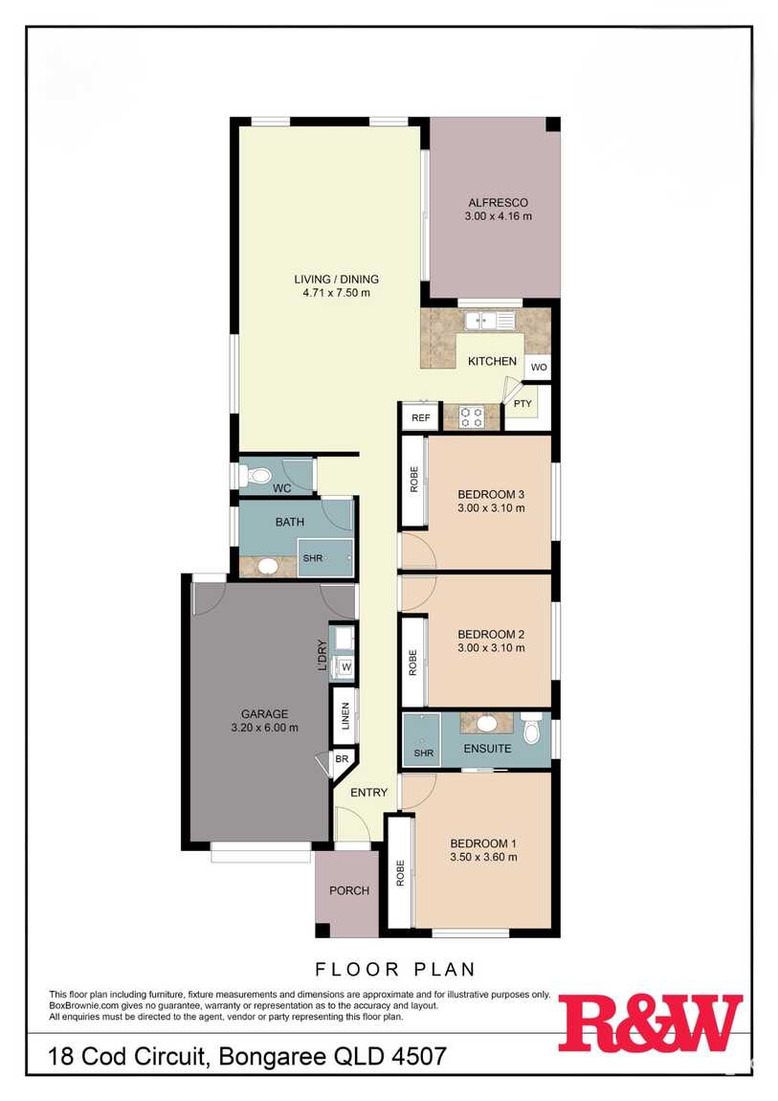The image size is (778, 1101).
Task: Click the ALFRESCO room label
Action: pyautogui.click(x=498, y=203)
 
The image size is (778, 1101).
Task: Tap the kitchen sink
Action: pyautogui.click(x=490, y=321)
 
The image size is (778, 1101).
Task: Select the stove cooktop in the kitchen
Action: pyautogui.click(x=471, y=417)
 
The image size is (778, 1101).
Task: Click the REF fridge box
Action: pyautogui.click(x=421, y=417)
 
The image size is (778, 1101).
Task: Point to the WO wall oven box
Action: pyautogui.click(x=539, y=368)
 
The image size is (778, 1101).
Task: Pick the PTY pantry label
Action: pyautogui.click(x=522, y=404)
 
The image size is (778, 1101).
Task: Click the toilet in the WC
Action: pyautogui.click(x=254, y=476)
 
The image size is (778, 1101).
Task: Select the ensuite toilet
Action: pyautogui.click(x=531, y=729)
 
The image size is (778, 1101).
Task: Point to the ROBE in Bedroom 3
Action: pyautogui.click(x=414, y=481)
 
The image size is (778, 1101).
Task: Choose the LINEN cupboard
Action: pyautogui.click(x=345, y=716)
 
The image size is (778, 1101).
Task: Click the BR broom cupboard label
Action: pyautogui.click(x=342, y=759)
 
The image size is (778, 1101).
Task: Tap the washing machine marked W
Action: pyautogui.click(x=345, y=666)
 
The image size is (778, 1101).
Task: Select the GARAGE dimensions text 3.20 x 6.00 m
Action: pyautogui.click(x=264, y=729)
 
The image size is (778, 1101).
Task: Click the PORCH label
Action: pyautogui.click(x=349, y=890)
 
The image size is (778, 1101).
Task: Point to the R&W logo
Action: pyautogui.click(x=651, y=1022)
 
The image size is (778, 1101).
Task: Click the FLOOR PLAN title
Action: pyautogui.click(x=395, y=970)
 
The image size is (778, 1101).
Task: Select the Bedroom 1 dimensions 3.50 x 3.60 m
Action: pyautogui.click(x=484, y=857)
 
